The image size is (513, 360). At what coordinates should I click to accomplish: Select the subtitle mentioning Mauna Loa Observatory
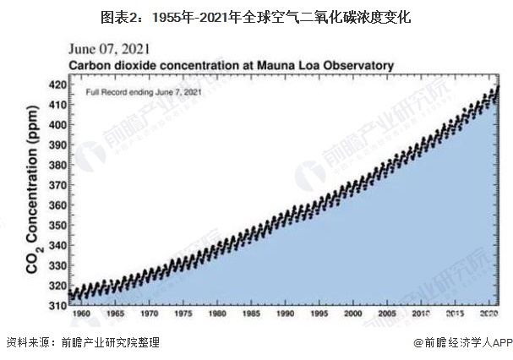tap(231, 64)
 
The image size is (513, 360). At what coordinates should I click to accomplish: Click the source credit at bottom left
tap(82, 343)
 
